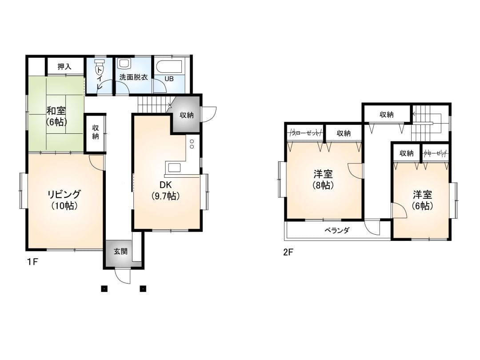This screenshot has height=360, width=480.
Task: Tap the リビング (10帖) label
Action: (64, 200)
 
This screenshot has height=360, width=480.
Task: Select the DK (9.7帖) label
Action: (166, 191)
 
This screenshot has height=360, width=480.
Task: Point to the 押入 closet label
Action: (64, 66)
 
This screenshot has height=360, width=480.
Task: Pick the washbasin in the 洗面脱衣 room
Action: (124, 64)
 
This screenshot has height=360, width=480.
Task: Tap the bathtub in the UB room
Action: (169, 66)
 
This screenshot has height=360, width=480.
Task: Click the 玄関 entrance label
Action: (120, 252)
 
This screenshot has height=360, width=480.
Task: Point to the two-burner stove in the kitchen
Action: (192, 144)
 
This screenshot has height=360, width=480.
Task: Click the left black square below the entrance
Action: (104, 288)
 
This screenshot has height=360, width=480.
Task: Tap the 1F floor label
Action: (32, 262)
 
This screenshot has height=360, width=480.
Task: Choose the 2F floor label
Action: (288, 252)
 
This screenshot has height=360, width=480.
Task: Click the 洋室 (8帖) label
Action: (323, 180)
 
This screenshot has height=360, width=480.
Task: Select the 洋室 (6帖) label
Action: (422, 200)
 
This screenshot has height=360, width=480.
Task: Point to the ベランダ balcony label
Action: (337, 230)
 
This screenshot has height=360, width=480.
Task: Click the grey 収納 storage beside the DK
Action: (186, 115)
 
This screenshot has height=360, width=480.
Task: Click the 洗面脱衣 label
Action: (134, 77)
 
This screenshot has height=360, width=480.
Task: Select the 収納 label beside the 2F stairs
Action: (386, 115)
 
